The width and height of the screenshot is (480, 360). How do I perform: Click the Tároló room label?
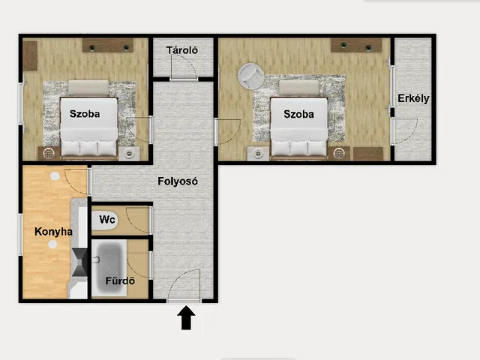pos(182,50)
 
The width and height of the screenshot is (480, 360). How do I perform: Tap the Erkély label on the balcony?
pos(413,98)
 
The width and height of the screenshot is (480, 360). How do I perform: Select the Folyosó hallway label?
pos(178,181)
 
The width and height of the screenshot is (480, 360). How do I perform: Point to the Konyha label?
pos(53,232)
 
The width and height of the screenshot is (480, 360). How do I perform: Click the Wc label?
pos(106,219)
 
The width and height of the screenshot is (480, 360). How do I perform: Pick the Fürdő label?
pos(120,280)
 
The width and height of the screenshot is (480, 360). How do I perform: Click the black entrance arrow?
pos(186,318)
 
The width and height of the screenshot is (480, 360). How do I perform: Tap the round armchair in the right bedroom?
pos(250,76)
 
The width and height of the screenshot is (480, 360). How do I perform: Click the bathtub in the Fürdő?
pos(109,268)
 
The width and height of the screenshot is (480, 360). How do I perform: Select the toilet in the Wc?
pos(104,220)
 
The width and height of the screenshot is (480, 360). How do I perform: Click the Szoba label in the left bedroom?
pos(85,114)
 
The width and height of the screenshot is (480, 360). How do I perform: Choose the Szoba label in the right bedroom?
pos(298,114)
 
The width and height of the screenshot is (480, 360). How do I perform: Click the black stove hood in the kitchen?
pos(79,262)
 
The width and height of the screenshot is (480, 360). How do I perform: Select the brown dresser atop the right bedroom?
pos(356,45)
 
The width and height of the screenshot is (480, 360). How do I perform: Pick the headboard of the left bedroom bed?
pos(88,88)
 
